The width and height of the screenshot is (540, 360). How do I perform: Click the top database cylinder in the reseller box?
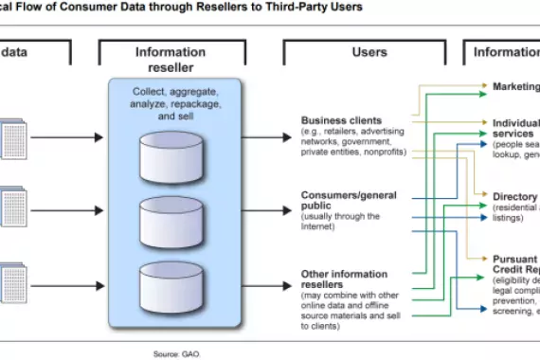click(171, 148)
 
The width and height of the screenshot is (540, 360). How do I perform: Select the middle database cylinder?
click(171, 220)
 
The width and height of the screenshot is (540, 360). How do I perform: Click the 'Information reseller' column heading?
click(170, 60)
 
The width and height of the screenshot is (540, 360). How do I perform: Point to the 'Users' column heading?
click(369, 53)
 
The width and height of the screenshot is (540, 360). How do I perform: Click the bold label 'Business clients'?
click(341, 120)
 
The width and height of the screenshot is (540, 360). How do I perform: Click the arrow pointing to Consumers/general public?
click(266, 207)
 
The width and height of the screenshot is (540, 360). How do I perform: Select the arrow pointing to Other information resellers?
click(266, 280)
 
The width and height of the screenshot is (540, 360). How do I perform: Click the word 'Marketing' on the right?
click(515, 86)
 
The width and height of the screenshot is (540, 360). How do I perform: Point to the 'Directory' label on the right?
click(514, 197)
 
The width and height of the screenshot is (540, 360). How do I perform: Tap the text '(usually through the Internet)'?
click(340, 222)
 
